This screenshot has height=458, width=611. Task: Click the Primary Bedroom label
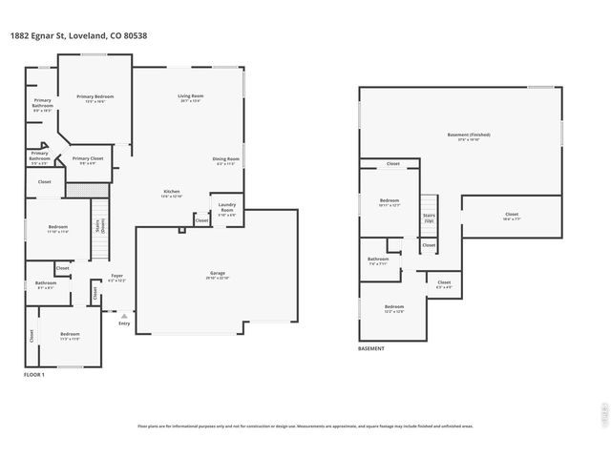[95, 97]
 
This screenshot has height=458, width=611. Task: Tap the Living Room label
[191, 97]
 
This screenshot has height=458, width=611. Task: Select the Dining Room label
[226, 160]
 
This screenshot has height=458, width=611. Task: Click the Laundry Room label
[227, 206]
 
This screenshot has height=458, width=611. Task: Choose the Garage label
[218, 275]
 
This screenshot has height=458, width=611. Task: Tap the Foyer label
[116, 278]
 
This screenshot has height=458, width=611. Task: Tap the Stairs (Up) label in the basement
[429, 218]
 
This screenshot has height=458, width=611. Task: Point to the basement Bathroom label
[378, 260]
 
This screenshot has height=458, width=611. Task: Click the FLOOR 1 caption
[34, 374]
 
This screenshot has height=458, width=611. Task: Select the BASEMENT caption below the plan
[371, 349]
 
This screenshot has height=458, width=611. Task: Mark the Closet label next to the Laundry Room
[201, 220]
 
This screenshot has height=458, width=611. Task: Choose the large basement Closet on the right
[512, 216]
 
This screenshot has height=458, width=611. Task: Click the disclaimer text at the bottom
[305, 427]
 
